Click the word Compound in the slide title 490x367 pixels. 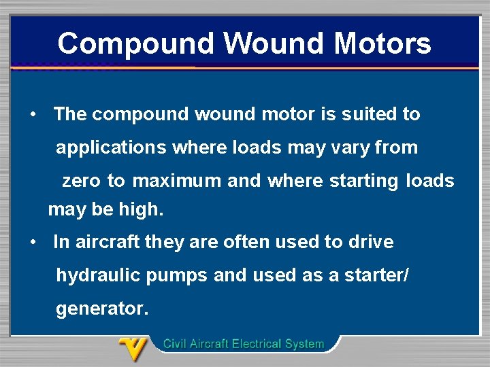[x=136, y=43]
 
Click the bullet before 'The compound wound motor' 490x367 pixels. [x=33, y=114]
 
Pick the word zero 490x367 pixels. [x=83, y=181]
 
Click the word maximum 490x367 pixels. [x=177, y=181]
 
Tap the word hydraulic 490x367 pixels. [x=97, y=275]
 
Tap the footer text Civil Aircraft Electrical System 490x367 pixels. [x=244, y=344]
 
